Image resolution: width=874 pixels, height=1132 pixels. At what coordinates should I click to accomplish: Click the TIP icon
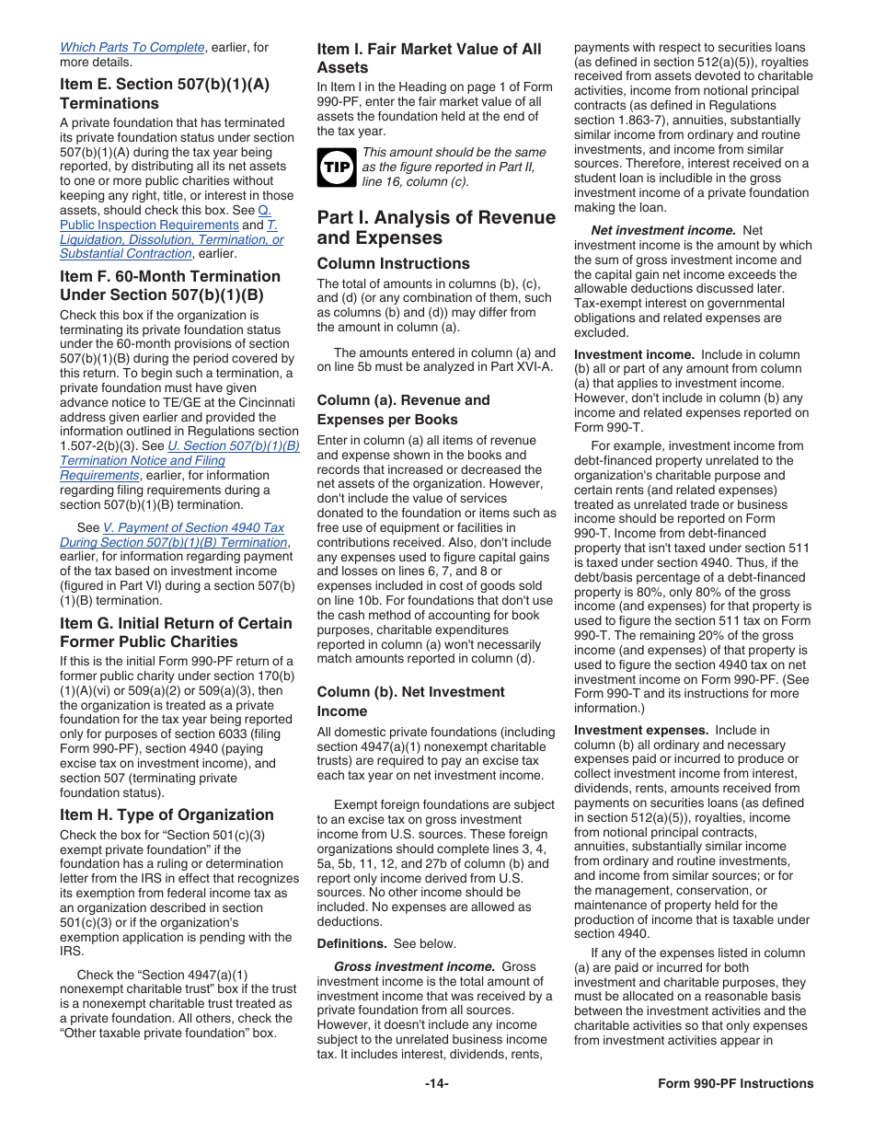point(337,167)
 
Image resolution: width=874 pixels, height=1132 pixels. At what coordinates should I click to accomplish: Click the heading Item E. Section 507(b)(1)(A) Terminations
point(165,93)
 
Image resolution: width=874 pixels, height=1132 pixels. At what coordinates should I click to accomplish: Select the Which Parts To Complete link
point(132,47)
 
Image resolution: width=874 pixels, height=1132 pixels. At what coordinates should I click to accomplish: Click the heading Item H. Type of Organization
point(167,814)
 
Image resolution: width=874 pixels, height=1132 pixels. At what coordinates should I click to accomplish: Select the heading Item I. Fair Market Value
point(429,58)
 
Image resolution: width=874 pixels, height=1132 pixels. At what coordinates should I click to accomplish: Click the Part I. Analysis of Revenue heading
point(436,227)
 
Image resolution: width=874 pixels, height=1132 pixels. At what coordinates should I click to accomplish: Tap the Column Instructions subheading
point(393,263)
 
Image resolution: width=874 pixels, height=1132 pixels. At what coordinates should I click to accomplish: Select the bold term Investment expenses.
point(641,730)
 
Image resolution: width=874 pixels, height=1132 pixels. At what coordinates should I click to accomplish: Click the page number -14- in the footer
point(437,1083)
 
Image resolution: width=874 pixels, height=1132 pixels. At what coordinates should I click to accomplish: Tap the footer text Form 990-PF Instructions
point(735,1083)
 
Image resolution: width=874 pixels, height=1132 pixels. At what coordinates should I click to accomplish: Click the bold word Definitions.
point(351,943)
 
